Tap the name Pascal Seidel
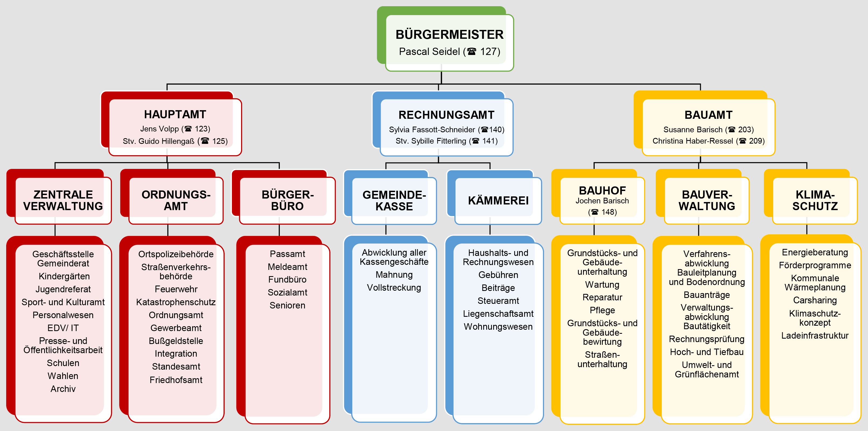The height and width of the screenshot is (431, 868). point(429,52)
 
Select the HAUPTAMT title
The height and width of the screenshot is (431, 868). point(175,114)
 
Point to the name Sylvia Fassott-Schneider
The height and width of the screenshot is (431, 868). point(432,130)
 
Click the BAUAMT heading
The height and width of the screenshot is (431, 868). point(708,115)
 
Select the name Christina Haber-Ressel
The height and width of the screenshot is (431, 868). point(693,141)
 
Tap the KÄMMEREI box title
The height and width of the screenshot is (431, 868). point(498,201)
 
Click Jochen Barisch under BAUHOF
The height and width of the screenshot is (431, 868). point(602,201)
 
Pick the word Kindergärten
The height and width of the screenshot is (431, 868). point(64,276)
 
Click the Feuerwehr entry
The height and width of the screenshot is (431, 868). point(176,289)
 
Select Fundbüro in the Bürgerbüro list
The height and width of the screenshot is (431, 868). point(287,280)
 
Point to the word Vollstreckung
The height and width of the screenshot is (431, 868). point(394,288)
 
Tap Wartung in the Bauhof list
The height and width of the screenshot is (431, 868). point(602,285)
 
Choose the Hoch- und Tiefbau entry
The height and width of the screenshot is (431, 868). point(707,352)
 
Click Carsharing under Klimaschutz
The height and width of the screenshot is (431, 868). point(815,300)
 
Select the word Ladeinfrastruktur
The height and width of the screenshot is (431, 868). point(815,336)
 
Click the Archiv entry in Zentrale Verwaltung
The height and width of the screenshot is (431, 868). point(63,389)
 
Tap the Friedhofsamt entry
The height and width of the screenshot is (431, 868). point(176,380)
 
